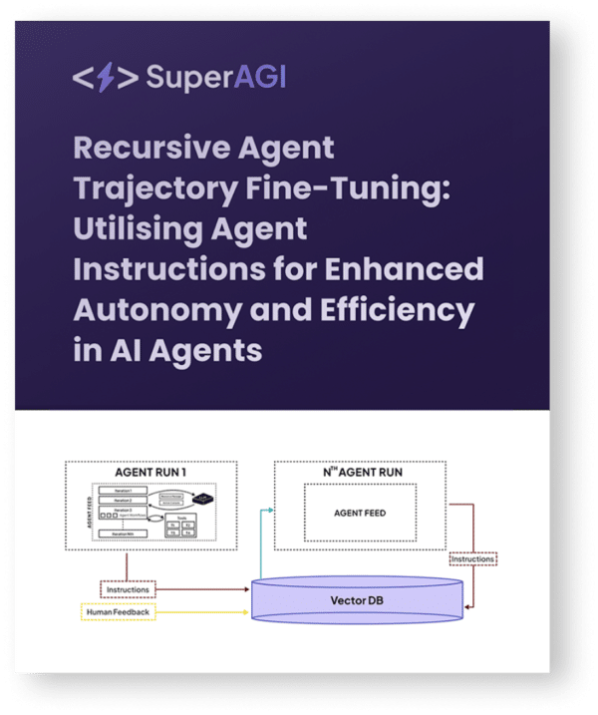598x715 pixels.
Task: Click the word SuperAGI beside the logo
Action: pyautogui.click(x=215, y=78)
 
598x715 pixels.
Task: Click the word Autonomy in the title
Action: pyautogui.click(x=149, y=310)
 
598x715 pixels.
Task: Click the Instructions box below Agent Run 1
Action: pyautogui.click(x=128, y=590)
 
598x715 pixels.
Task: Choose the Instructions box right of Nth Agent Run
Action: pyautogui.click(x=472, y=559)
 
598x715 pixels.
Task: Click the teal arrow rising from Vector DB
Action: pyautogui.click(x=260, y=543)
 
